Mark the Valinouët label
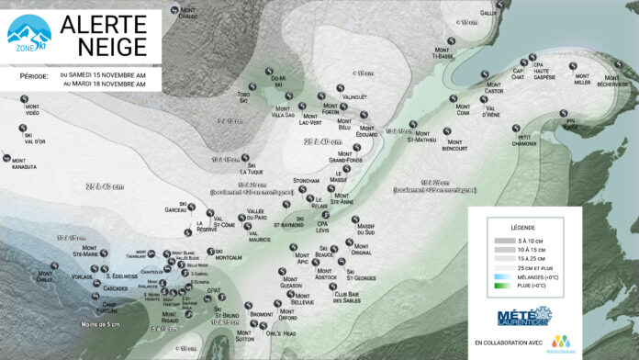353,96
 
